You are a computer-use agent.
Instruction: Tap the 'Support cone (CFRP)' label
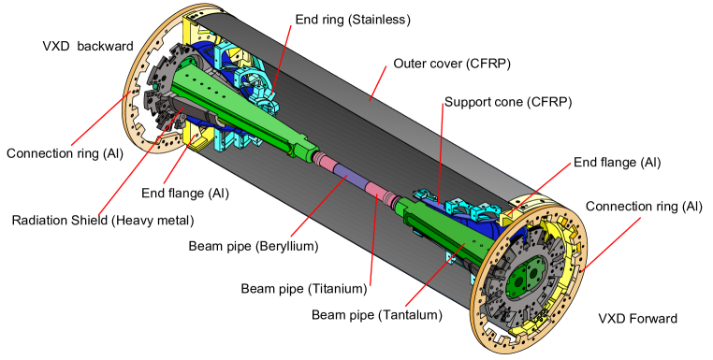(x=507, y=101)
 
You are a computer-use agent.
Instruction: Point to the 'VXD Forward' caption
(x=636, y=319)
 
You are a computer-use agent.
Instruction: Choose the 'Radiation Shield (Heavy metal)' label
(x=103, y=221)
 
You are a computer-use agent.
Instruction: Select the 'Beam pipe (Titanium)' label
(x=305, y=289)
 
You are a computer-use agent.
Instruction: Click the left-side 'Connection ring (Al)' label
(x=63, y=153)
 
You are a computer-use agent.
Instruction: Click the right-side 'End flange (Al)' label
(x=618, y=162)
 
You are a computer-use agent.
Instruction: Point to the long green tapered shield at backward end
(x=243, y=103)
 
